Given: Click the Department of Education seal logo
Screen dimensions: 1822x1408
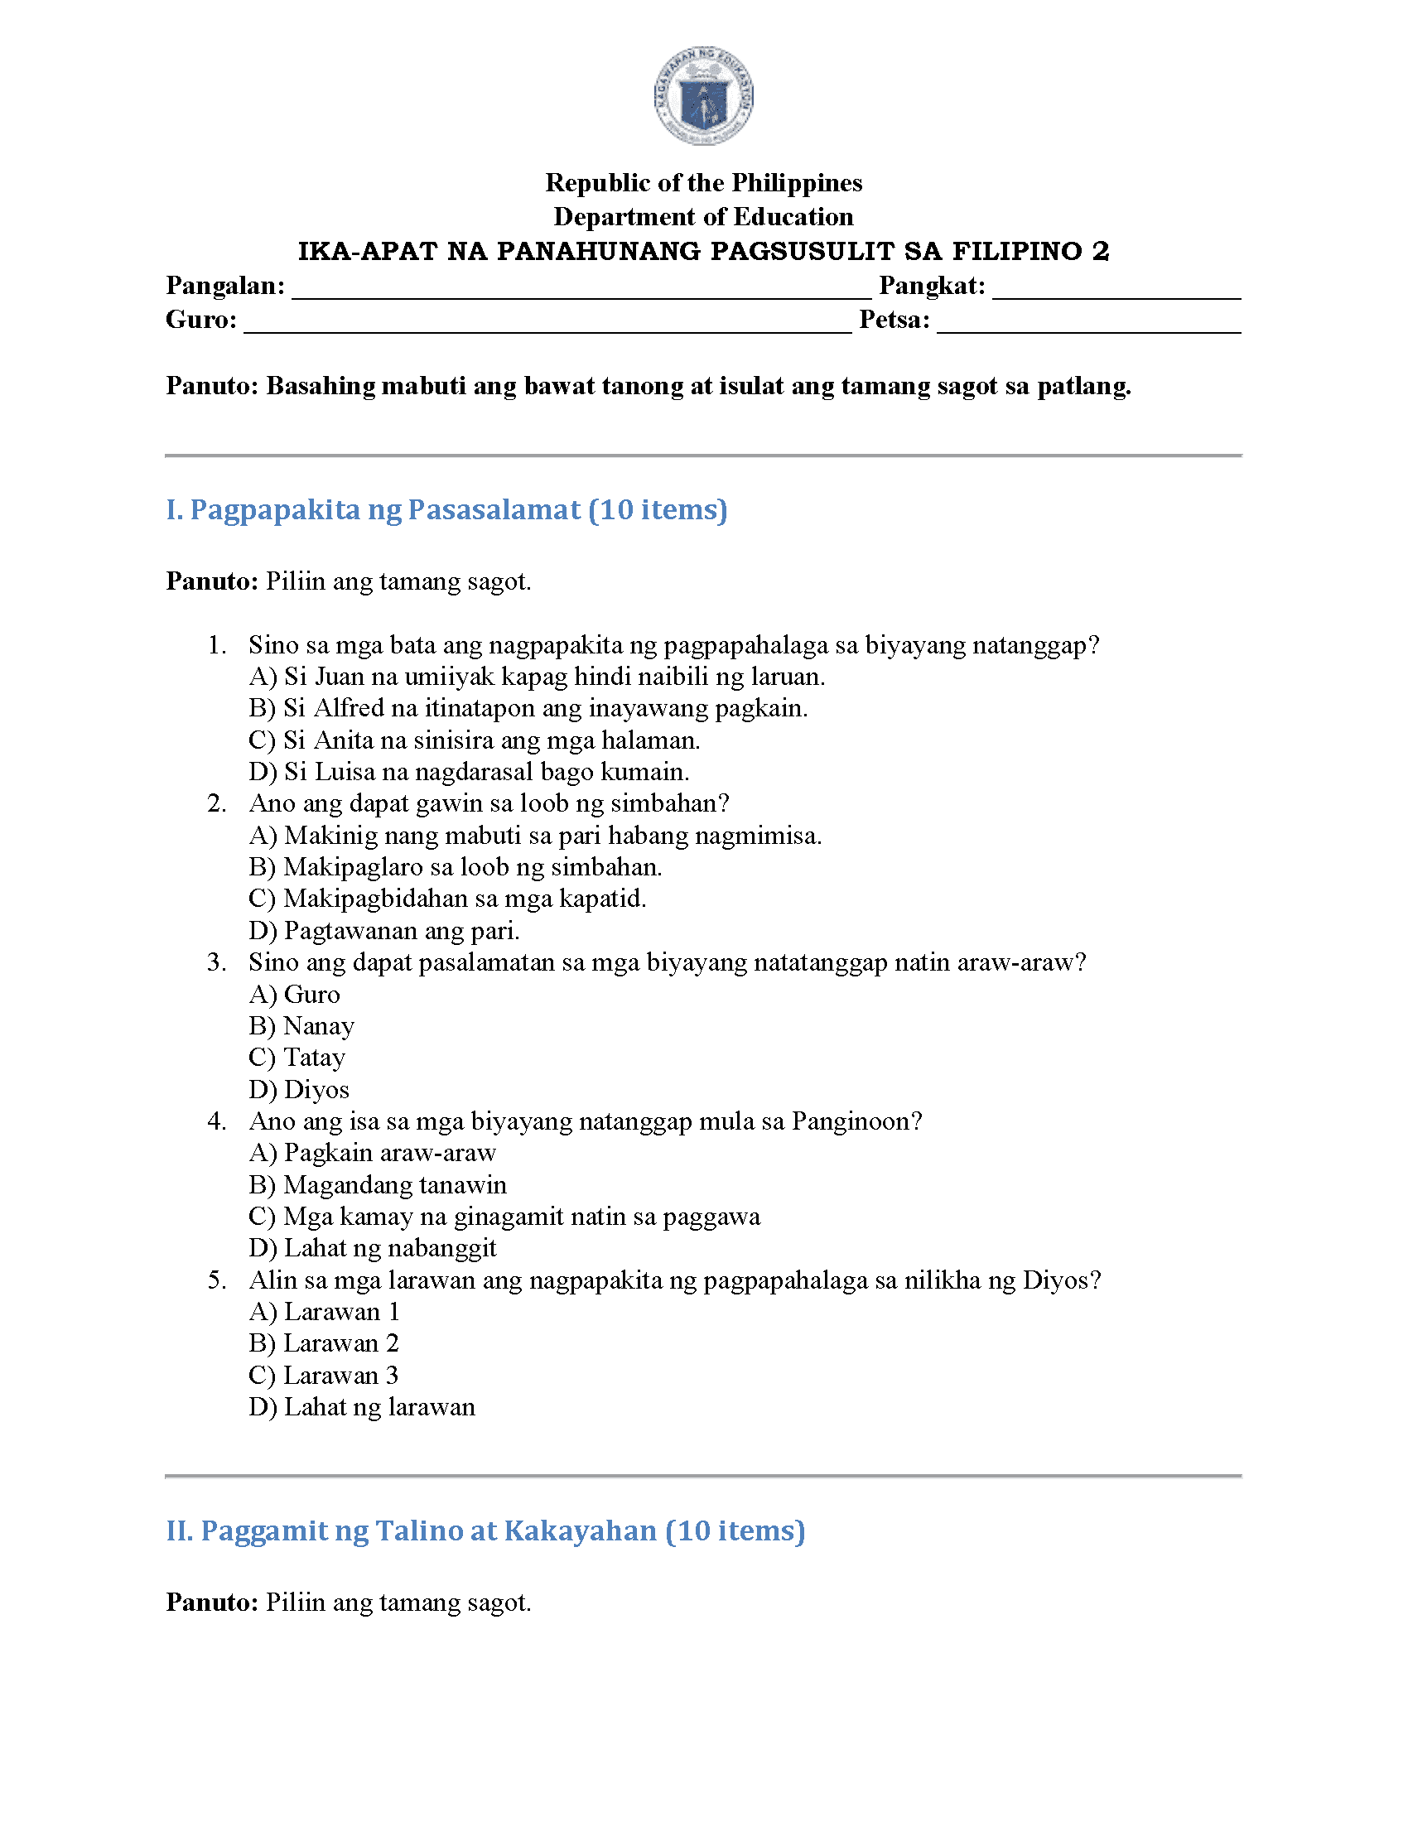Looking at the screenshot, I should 703,95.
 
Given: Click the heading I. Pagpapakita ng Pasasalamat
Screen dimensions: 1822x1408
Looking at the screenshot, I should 446,509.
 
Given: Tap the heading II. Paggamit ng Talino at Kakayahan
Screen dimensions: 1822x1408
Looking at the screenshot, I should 485,1530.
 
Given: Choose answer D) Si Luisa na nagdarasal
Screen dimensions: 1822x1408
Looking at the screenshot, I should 469,772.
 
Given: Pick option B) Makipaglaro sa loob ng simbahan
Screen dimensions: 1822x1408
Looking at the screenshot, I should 456,868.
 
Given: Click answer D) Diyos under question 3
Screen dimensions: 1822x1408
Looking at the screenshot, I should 299,1090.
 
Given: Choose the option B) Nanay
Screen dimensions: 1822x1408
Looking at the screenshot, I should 302,1026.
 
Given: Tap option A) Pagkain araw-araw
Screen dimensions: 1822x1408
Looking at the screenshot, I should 372,1153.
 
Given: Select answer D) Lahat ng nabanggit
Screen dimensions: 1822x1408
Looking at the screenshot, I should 372,1248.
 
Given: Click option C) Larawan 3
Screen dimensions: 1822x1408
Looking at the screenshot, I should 324,1376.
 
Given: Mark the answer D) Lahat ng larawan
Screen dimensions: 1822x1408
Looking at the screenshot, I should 362,1407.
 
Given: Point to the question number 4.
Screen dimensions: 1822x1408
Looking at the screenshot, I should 216,1121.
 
